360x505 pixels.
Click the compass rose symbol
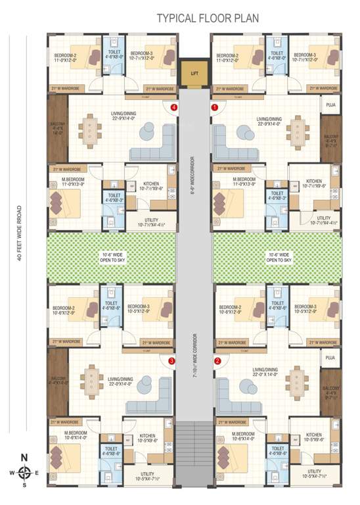point(24,471)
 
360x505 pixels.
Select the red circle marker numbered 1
point(214,107)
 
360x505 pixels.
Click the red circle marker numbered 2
point(217,361)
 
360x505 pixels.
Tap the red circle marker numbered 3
point(171,361)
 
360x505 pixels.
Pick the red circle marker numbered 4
point(173,107)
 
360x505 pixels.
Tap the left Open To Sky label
point(109,256)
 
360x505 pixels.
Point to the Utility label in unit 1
point(323,220)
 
